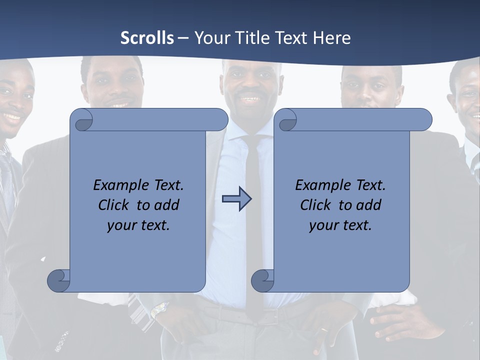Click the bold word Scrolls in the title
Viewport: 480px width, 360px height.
pyautogui.click(x=147, y=38)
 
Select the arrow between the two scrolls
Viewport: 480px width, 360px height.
pyautogui.click(x=236, y=199)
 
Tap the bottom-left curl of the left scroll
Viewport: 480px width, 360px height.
pyautogui.click(x=59, y=280)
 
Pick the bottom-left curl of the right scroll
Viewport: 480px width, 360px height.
pyautogui.click(x=263, y=280)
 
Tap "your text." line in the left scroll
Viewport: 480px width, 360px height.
pyautogui.click(x=138, y=225)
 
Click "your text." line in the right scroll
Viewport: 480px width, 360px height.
pyautogui.click(x=340, y=225)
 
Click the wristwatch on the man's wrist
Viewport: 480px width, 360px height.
pyautogui.click(x=159, y=310)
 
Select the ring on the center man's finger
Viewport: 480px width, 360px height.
pyautogui.click(x=324, y=330)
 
